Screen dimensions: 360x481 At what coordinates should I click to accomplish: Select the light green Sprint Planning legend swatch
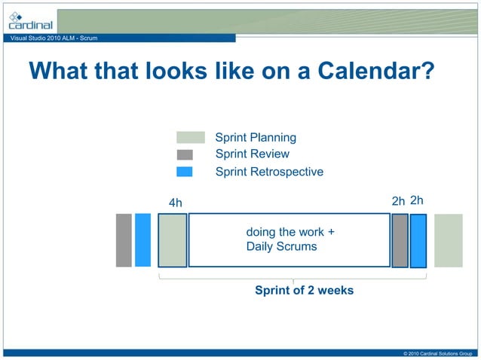[190, 137]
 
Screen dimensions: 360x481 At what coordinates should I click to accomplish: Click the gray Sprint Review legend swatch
[185, 154]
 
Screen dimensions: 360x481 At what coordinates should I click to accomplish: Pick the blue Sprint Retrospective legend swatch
[185, 172]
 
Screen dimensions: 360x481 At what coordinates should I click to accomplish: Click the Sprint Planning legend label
[256, 137]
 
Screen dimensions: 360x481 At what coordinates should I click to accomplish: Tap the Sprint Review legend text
[253, 154]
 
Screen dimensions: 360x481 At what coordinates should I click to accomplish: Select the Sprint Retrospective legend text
[269, 172]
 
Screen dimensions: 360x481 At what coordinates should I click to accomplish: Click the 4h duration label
[175, 203]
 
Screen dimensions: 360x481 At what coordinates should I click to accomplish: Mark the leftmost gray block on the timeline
[124, 240]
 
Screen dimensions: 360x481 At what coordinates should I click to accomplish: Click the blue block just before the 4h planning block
[142, 240]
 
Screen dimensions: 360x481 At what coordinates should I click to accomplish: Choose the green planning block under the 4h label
[173, 240]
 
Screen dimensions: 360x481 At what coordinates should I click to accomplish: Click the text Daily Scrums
[281, 246]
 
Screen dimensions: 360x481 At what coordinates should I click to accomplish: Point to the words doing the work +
[290, 232]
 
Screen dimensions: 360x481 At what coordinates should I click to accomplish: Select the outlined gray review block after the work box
[400, 240]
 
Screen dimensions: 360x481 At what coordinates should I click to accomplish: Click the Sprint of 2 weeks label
[304, 291]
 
